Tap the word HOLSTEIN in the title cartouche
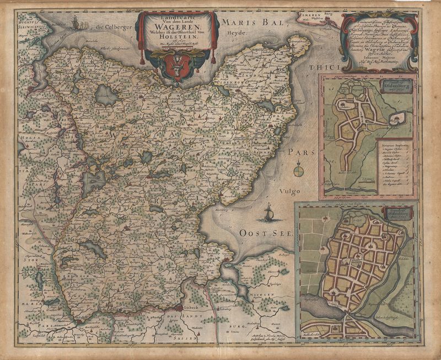click(178, 38)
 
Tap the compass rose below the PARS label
click(298, 170)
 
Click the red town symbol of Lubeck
click(179, 309)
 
